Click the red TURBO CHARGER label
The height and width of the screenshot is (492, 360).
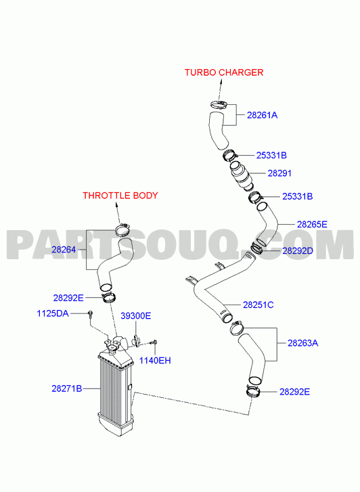tap(224, 72)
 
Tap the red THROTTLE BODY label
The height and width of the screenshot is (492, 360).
tap(120, 196)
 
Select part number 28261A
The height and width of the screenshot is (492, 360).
tap(262, 115)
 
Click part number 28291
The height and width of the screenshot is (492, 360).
tap(279, 173)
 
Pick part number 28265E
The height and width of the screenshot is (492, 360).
tap(312, 225)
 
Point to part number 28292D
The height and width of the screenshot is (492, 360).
tap(298, 250)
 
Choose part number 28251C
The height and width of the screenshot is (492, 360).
tap(258, 305)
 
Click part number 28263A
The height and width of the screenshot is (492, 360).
tap(303, 343)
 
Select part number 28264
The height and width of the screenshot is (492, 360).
tap(64, 250)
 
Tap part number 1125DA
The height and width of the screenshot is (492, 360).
tap(53, 313)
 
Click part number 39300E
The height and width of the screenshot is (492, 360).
tap(136, 316)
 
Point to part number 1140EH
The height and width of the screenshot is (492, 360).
tap(155, 361)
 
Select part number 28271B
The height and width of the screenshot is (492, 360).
tap(66, 388)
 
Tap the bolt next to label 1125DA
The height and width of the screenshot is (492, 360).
tap(91, 314)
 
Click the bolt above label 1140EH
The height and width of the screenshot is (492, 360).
tap(154, 342)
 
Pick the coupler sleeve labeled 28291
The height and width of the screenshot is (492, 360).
tap(241, 175)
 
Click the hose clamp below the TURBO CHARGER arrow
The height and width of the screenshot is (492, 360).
tap(219, 104)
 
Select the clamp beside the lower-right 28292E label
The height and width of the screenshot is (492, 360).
tap(252, 391)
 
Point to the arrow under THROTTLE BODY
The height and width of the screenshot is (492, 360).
tap(118, 213)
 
